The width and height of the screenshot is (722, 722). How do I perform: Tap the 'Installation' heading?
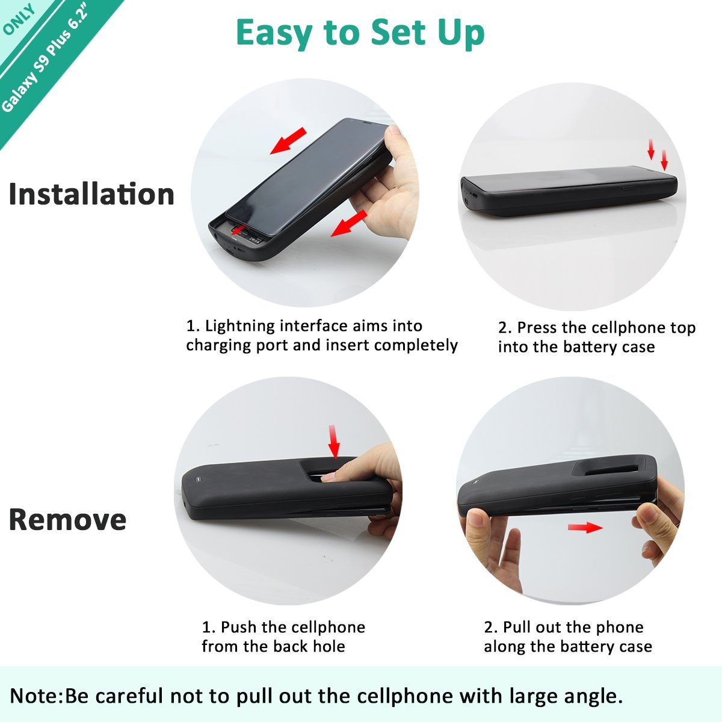pos(92,194)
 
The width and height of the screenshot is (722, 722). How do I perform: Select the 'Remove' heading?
pos(67,519)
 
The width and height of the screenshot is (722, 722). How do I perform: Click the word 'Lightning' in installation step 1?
pos(239,326)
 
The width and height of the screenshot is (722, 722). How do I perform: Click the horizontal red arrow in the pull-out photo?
pos(585,528)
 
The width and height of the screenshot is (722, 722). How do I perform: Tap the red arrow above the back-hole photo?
pos(333,442)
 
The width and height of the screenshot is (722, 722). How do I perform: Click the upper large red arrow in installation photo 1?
pos(289,141)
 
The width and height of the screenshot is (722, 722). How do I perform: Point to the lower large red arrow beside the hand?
pos(349,223)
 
